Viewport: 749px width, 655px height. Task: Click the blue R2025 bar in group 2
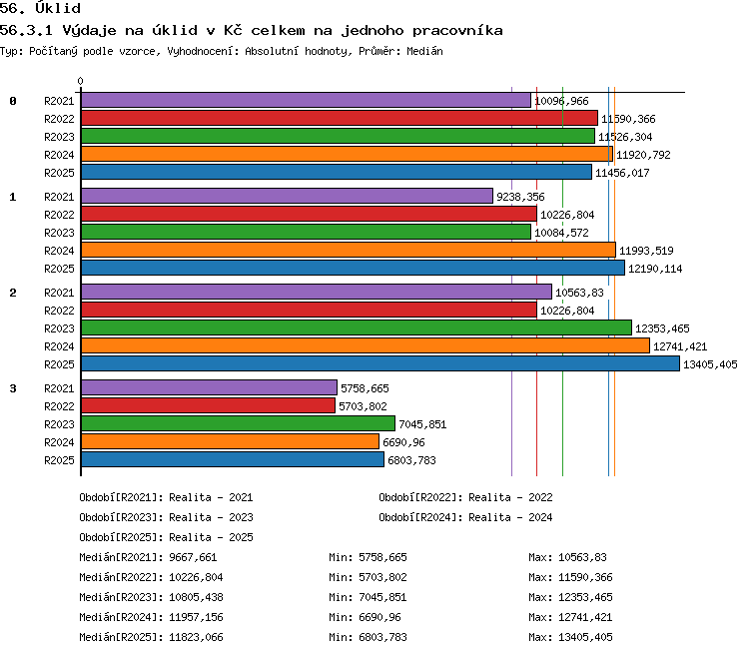click(380, 363)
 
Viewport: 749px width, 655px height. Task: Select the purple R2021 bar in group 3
click(210, 387)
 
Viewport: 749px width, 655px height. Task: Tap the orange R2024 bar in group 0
click(347, 154)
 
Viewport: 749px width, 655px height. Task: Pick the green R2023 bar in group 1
click(307, 232)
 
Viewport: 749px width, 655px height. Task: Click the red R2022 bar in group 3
click(209, 405)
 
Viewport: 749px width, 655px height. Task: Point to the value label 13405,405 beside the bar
click(710, 364)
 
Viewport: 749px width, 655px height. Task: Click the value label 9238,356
click(520, 197)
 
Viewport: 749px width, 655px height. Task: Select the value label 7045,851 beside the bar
click(422, 424)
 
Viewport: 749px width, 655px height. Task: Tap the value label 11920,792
click(643, 155)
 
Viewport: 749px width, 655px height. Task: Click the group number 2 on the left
click(13, 293)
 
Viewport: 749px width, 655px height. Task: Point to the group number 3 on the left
click(13, 388)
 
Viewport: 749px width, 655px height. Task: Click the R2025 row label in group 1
click(59, 269)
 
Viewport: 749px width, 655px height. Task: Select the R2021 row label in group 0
click(59, 101)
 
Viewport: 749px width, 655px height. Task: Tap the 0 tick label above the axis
click(80, 81)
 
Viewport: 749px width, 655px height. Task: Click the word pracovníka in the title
click(457, 31)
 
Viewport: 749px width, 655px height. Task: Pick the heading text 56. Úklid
click(40, 8)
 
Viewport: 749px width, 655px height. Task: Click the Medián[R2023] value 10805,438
click(196, 597)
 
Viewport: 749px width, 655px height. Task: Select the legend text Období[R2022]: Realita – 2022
click(465, 497)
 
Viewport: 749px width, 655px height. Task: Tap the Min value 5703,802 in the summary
click(382, 577)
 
